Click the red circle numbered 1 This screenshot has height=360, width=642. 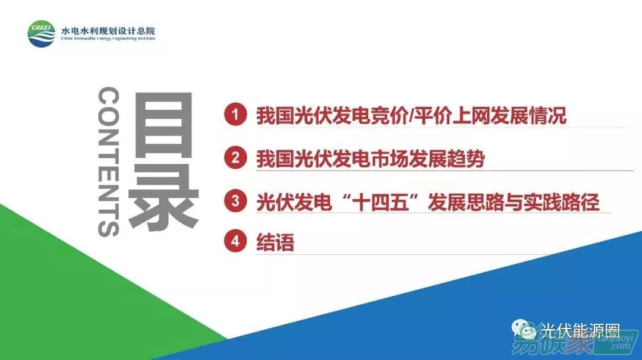tap(235, 114)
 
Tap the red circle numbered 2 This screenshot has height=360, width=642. tap(235, 157)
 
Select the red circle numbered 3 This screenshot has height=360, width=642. tap(235, 200)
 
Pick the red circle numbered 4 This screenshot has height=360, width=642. tap(235, 241)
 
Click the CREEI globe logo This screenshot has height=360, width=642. tap(42, 34)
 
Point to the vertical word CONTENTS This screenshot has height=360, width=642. tap(109, 162)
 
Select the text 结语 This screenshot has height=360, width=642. tap(275, 242)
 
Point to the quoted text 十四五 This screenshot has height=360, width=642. tap(381, 202)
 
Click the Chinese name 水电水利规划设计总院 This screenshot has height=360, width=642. tap(108, 31)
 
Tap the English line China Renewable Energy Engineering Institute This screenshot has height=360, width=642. tap(108, 39)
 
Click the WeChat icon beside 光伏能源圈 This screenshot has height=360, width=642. tap(524, 329)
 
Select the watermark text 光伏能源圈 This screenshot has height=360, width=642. tap(580, 330)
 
